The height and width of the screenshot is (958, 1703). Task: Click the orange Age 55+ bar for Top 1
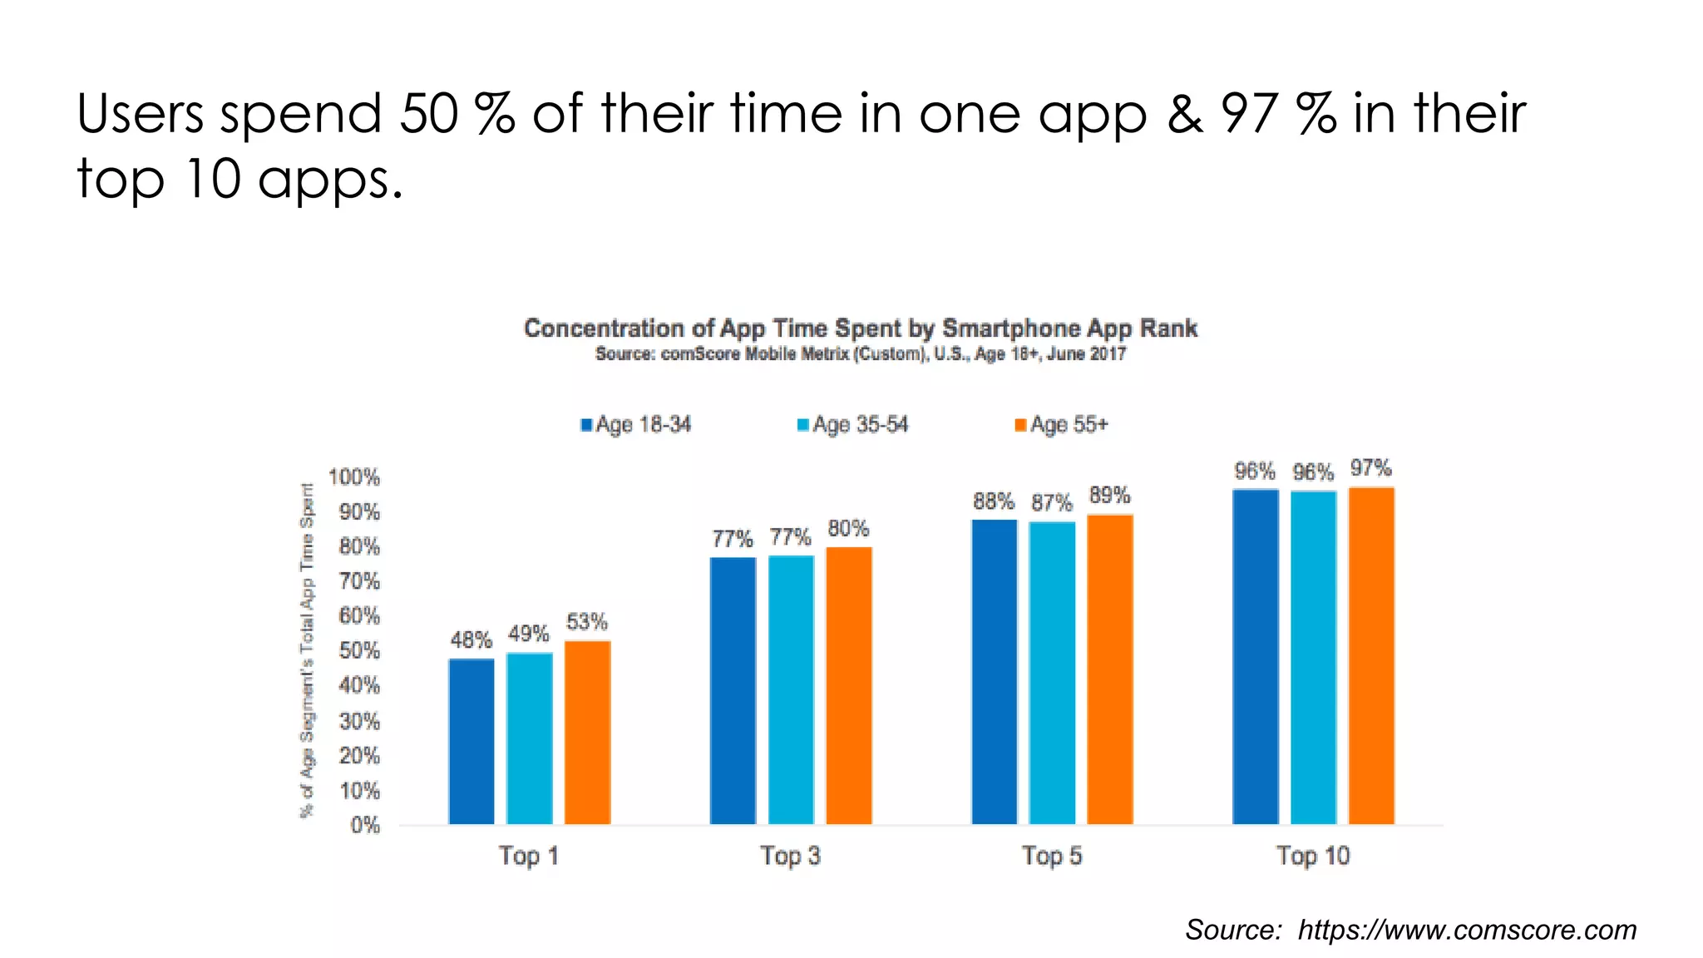click(x=587, y=732)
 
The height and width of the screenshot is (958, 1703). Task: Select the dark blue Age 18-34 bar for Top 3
click(x=733, y=690)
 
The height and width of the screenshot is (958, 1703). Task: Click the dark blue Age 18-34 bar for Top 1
click(x=471, y=741)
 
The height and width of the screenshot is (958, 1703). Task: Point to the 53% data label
click(x=587, y=622)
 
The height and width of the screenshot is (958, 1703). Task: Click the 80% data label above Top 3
click(x=848, y=529)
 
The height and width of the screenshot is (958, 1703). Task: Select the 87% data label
click(x=1052, y=503)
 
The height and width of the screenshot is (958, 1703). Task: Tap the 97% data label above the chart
click(x=1370, y=468)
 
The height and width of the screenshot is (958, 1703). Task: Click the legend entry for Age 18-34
click(x=636, y=425)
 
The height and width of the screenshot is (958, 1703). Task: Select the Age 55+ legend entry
click(x=1062, y=425)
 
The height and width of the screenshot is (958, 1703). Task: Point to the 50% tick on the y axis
click(x=359, y=651)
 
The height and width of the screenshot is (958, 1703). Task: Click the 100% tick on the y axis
click(x=354, y=477)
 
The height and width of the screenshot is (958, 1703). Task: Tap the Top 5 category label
click(x=1052, y=856)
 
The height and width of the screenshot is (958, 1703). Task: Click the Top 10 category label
click(x=1313, y=856)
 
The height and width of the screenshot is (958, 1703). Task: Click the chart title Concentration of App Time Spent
click(x=860, y=328)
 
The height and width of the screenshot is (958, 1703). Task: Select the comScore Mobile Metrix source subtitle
click(x=860, y=354)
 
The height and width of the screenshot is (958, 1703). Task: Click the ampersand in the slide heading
click(x=1184, y=114)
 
